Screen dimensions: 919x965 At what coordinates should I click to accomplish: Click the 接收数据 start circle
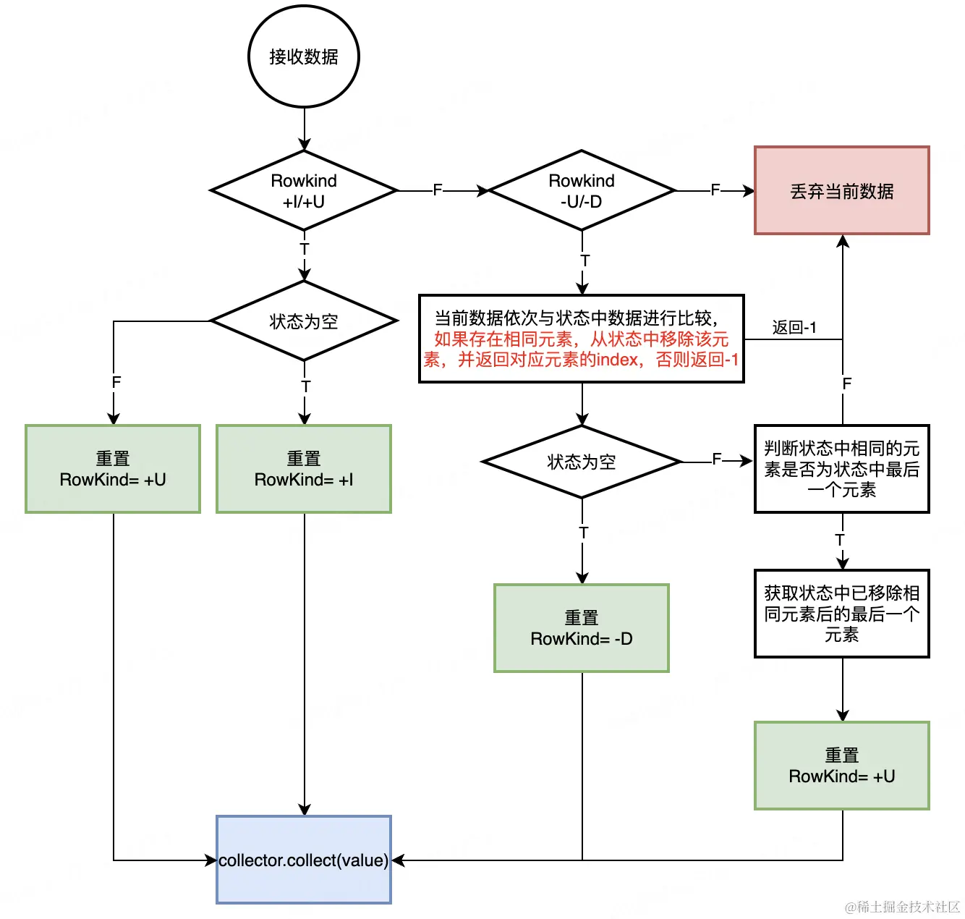304,56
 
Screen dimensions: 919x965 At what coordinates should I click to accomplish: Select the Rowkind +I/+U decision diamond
304,191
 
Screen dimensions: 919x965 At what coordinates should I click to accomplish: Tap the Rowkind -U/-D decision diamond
582,191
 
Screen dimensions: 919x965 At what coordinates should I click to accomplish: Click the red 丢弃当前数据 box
842,191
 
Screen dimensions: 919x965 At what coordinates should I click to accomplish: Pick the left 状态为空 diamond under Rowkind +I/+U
304,321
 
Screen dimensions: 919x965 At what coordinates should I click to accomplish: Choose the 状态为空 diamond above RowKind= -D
582,462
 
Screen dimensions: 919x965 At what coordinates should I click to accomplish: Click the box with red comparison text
582,339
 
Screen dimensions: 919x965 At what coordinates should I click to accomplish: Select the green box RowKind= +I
304,469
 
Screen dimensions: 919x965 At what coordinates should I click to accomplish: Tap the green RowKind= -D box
582,628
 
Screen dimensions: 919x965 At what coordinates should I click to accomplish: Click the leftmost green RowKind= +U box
113,469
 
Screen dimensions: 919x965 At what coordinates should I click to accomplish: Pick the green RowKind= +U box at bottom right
842,766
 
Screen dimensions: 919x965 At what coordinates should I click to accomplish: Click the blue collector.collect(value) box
304,860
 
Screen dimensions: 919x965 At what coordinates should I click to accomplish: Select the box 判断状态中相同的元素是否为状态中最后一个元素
842,469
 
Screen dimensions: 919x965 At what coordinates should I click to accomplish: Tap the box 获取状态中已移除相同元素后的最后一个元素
842,614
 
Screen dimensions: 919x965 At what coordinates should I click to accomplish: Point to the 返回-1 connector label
794,328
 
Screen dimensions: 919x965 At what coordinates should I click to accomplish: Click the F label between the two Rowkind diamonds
437,190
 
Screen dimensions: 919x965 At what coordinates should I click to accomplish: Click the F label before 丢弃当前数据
715,190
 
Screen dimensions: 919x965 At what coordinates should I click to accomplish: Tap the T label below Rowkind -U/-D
584,261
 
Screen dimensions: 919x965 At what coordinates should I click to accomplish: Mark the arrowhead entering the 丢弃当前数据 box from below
843,242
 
